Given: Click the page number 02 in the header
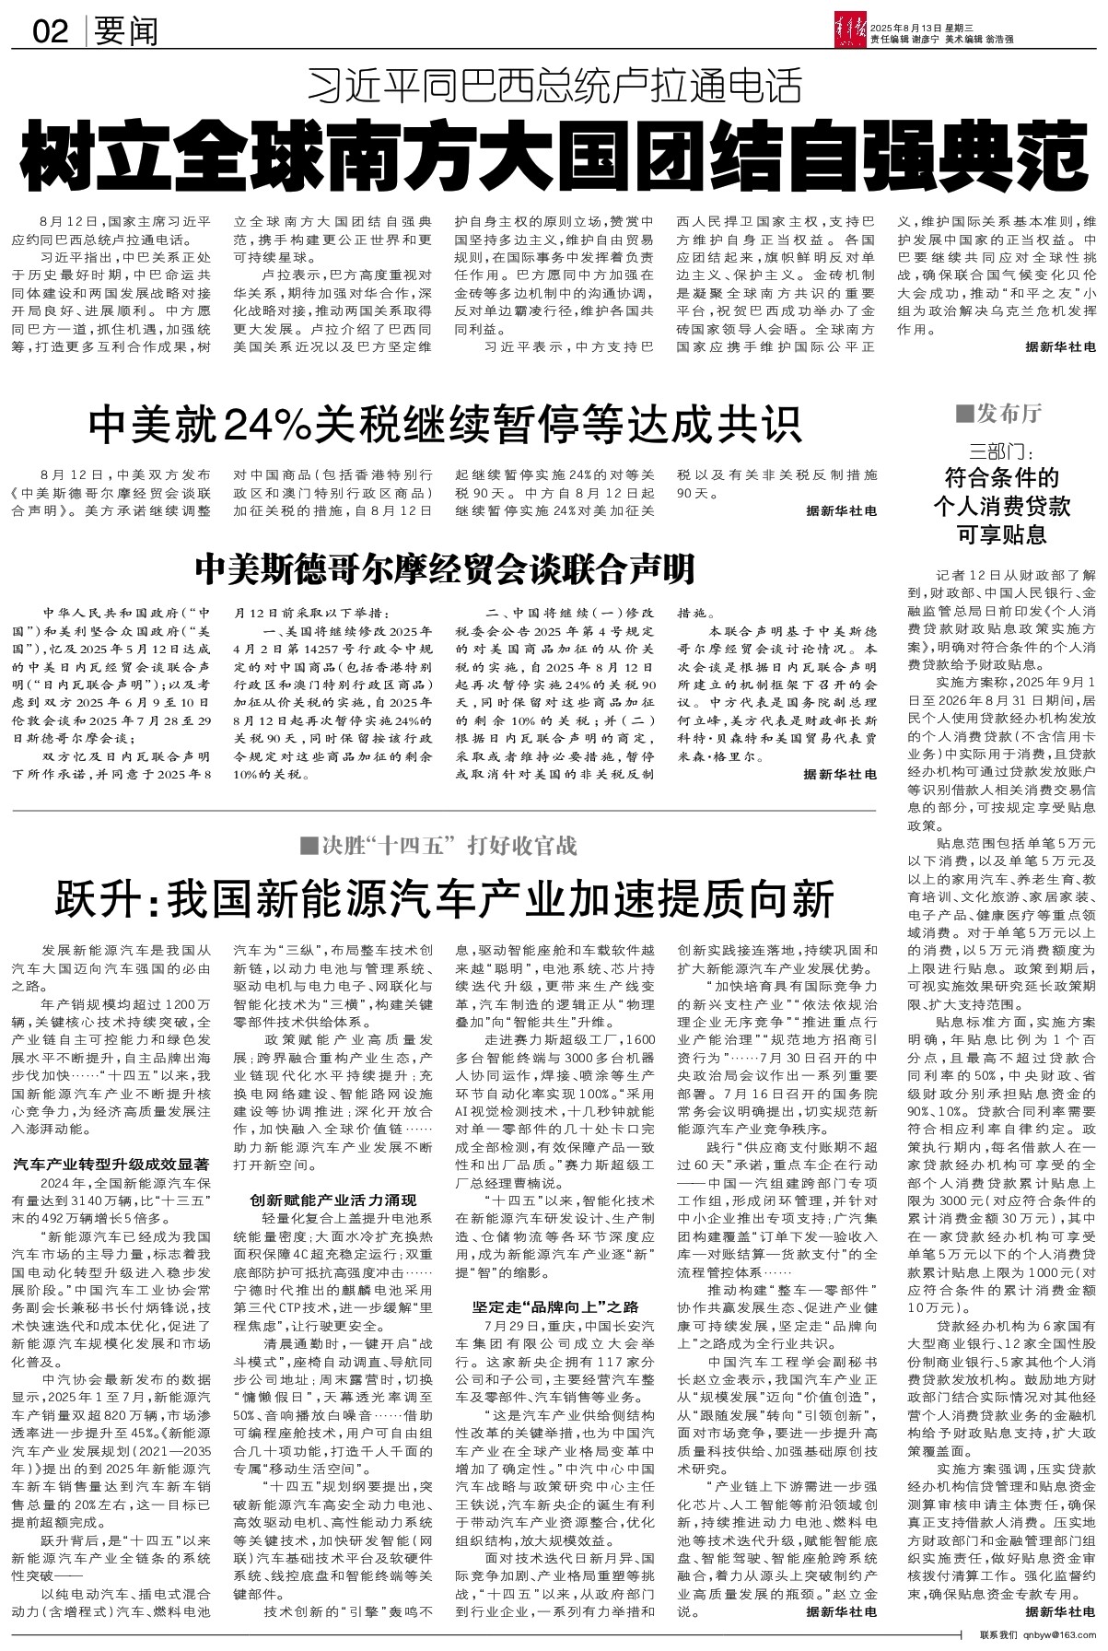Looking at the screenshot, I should coord(51,32).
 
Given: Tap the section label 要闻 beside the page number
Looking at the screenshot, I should coord(126,32).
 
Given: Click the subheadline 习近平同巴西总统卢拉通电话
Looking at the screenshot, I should coord(554,87).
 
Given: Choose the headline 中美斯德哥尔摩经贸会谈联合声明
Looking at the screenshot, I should coord(444,569).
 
